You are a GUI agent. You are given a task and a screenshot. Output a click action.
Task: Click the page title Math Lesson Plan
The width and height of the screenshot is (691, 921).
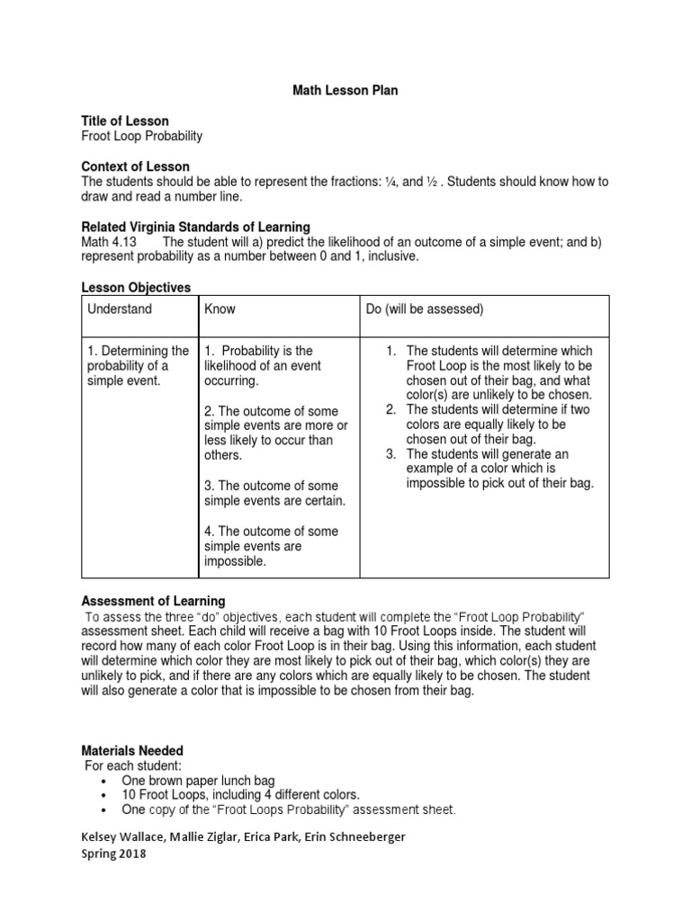(345, 91)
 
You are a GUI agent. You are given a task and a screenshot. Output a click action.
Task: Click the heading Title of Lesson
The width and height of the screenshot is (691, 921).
(125, 121)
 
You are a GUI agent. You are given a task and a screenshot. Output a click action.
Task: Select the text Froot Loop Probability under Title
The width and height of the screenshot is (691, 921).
(142, 136)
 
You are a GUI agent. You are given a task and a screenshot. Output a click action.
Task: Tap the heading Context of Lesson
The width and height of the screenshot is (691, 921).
(136, 166)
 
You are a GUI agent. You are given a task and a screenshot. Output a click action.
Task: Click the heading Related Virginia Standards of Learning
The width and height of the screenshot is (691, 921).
(195, 227)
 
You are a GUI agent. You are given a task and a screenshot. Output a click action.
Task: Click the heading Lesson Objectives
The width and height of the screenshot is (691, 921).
(136, 288)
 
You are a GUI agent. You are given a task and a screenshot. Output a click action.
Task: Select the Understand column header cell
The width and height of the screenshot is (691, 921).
(120, 309)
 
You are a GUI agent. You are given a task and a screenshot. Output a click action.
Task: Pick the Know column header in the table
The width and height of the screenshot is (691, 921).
(220, 309)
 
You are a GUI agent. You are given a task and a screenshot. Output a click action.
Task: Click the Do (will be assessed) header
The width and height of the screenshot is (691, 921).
(424, 309)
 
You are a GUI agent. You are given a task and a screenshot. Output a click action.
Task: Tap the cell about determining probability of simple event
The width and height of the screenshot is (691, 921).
(138, 365)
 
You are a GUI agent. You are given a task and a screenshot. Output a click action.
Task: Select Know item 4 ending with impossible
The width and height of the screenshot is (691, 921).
(271, 546)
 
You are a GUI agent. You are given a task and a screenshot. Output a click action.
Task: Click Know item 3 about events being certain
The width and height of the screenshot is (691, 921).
(274, 493)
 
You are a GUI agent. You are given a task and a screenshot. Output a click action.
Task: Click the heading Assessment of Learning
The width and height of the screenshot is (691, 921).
(154, 601)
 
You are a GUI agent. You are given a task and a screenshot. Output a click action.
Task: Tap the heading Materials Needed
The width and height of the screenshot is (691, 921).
(132, 750)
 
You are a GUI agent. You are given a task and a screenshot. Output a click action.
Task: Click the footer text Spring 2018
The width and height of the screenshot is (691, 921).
(113, 854)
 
